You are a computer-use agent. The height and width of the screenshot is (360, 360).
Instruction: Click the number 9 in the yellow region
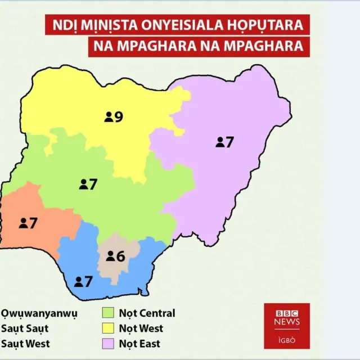point(119,117)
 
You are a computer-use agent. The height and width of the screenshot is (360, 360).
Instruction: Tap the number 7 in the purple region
point(229,142)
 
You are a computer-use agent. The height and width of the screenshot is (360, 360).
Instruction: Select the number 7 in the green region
point(93,184)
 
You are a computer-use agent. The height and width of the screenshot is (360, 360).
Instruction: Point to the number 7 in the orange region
point(33,223)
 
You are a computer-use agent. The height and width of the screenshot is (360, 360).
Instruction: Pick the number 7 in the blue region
point(88,281)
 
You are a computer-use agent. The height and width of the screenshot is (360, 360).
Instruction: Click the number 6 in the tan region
point(120,256)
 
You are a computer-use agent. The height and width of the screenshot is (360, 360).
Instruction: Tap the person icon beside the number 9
point(108,117)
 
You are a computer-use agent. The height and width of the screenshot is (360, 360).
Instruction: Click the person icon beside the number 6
point(110,257)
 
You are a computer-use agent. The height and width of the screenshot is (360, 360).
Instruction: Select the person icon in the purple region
point(219,143)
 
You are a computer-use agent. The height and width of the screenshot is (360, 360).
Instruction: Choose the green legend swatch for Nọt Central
point(109,313)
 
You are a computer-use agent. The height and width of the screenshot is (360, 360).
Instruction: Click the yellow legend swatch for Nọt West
point(109,328)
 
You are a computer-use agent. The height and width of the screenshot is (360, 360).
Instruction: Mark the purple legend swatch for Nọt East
point(109,343)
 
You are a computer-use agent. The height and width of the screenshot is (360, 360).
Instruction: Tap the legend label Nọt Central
point(147,313)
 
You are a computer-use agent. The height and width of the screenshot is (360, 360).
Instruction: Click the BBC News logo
point(287,318)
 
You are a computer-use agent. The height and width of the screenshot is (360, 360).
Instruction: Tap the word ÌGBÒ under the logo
point(287,340)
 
